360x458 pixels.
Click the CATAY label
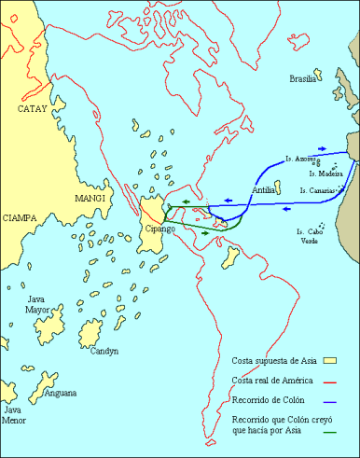pos(33,109)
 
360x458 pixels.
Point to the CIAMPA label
pos(20,217)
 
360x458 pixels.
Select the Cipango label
pos(159,229)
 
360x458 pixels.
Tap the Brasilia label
pos(302,78)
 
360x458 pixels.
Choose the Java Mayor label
pos(37,302)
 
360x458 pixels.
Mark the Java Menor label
pos(14,414)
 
